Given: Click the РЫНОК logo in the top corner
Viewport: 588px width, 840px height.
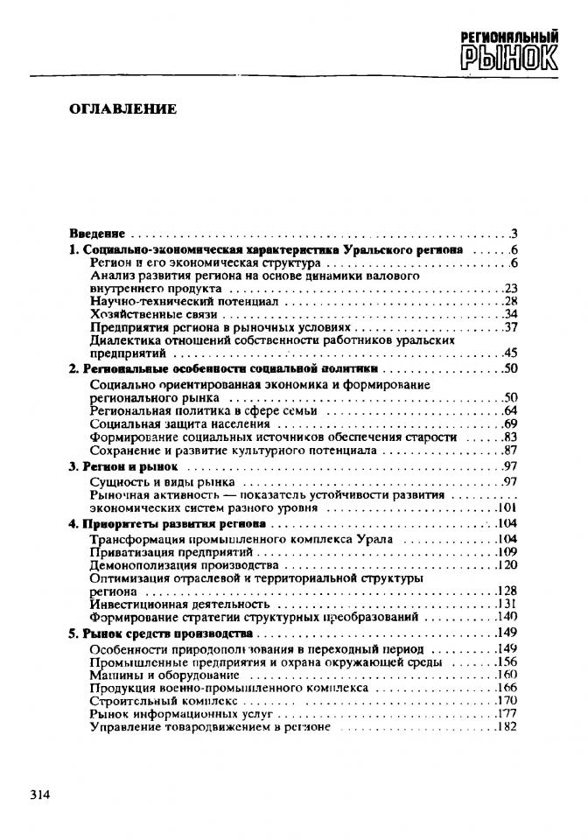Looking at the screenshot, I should coord(508,50).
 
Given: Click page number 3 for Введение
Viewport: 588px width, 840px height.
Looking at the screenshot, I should coord(515,234).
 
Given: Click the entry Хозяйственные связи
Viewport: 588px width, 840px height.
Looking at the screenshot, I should coord(153,314).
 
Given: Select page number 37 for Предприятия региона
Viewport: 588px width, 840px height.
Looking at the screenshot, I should coord(511,327).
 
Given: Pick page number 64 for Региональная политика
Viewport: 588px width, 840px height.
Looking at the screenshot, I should coord(511,410).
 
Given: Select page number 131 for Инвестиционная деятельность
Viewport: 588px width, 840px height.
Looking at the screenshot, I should coord(507,604).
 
